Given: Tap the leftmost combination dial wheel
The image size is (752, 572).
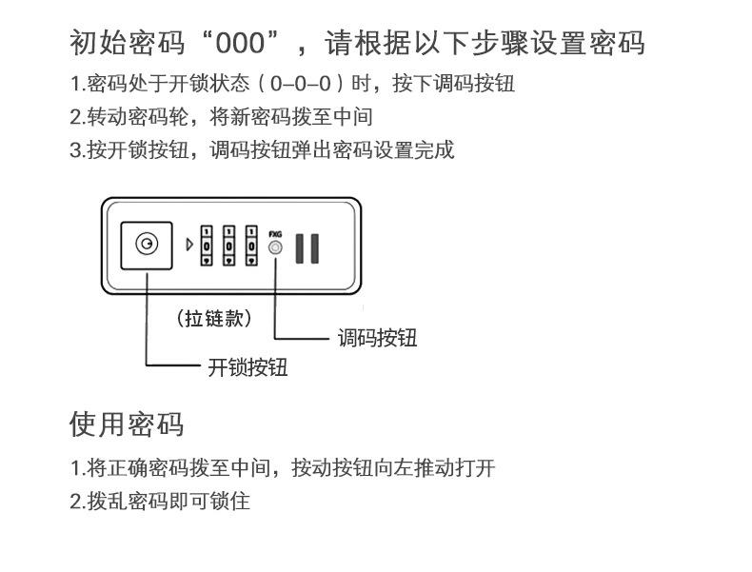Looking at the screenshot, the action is click(206, 245).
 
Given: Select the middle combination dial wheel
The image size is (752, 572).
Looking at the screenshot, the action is click(228, 245).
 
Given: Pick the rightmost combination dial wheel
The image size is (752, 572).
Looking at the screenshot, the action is click(251, 245).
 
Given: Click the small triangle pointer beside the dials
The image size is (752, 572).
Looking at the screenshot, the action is click(189, 246).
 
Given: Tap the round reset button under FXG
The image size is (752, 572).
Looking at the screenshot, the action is click(276, 248).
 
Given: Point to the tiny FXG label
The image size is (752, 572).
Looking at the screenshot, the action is click(276, 232).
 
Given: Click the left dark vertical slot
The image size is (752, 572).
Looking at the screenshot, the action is click(298, 247).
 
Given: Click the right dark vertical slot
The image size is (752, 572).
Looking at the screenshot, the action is click(314, 247).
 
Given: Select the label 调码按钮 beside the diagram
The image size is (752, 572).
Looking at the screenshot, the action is click(377, 338).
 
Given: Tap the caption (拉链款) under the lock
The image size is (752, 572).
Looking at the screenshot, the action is click(215, 318).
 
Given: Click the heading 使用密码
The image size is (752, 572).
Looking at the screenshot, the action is click(127, 424).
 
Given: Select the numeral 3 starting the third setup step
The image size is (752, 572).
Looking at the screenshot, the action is click(75, 150).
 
